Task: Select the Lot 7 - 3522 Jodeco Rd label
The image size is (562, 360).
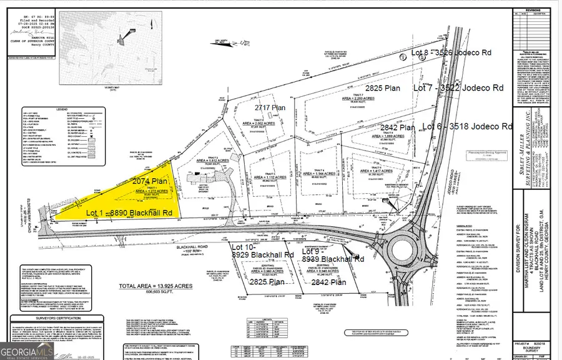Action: (458, 89)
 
